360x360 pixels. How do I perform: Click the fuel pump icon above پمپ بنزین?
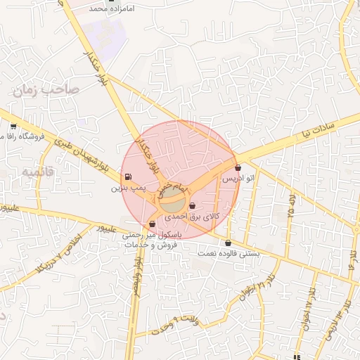(127, 176)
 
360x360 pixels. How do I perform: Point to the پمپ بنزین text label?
(127, 188)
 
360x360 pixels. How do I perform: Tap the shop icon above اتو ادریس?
(238, 168)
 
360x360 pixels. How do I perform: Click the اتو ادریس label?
(238, 179)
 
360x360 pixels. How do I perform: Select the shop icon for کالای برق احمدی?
(193, 205)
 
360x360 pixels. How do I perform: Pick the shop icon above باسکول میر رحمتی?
(152, 224)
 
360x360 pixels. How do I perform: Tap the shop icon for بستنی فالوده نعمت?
(228, 243)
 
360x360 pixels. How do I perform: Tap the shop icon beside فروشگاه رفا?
(13, 127)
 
